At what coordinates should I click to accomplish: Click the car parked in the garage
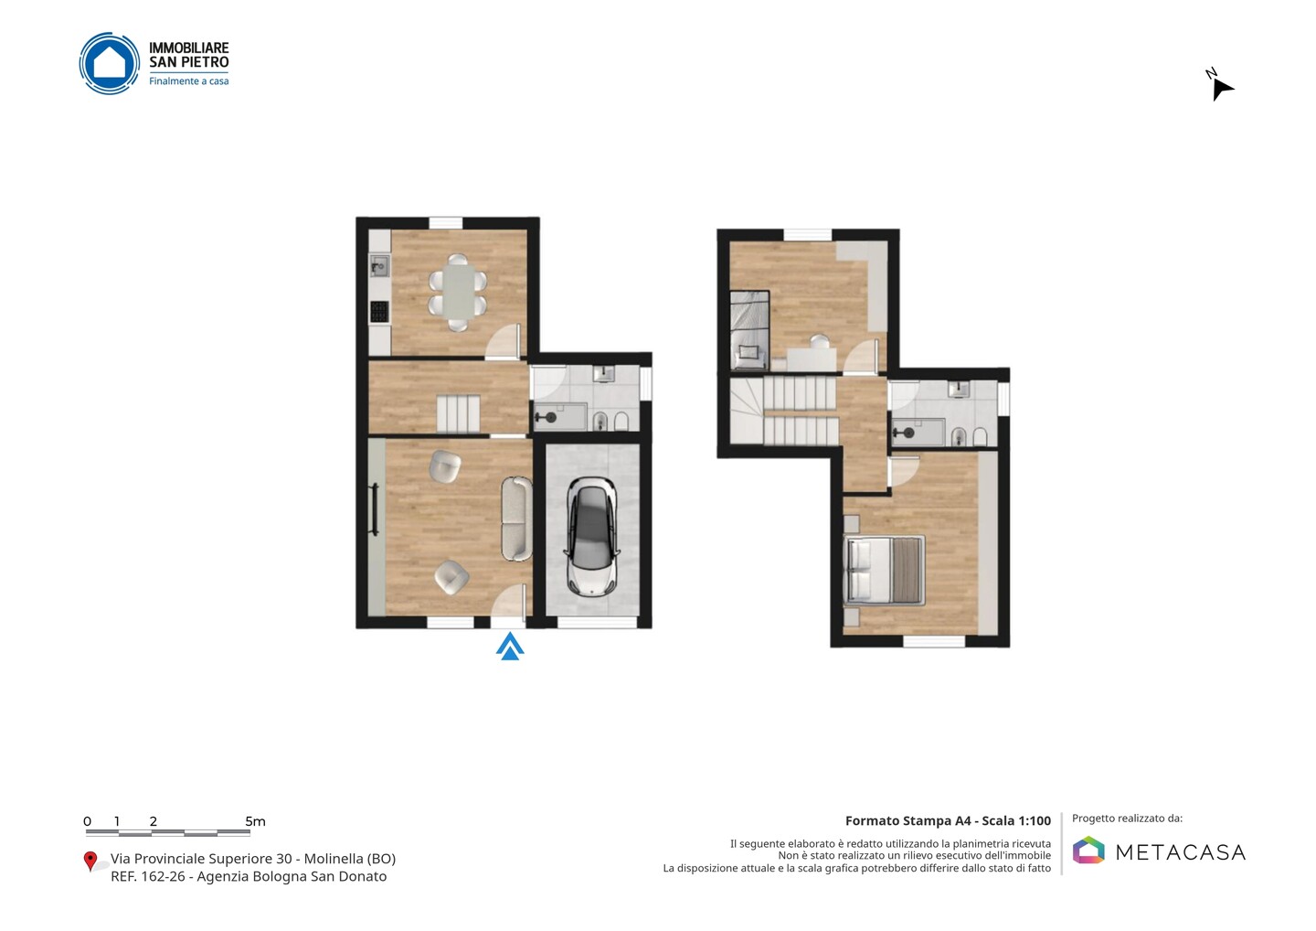pos(591,537)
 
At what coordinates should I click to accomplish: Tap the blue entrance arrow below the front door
pos(510,646)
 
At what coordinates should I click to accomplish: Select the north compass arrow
pos(1222,89)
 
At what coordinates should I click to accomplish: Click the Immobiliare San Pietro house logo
pos(110,63)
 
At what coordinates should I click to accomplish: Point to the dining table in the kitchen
pos(458,292)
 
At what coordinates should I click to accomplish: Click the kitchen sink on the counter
pos(379,266)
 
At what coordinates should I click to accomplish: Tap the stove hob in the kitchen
pos(379,312)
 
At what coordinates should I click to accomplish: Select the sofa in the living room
pos(517,518)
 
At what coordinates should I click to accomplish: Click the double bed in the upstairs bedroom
pos(885,570)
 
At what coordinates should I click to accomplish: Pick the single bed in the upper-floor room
pos(749,330)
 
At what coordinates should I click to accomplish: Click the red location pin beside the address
pos(90,861)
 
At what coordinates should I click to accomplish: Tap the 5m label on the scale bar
pos(256,821)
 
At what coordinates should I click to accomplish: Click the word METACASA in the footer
pos(1181,852)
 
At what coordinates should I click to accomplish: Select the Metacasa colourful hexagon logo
pos(1088,850)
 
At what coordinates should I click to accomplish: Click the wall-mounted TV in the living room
pos(374,509)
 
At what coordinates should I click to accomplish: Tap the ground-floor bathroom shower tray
pos(560,417)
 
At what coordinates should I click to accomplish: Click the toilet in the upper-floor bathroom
pos(980,436)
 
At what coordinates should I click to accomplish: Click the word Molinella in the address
pos(333,859)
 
